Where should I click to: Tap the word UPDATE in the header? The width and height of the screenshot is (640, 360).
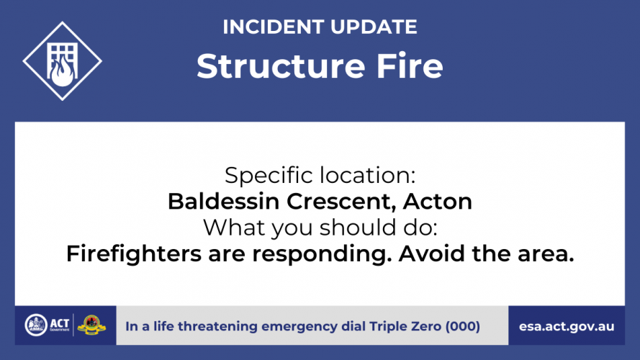(x=374, y=27)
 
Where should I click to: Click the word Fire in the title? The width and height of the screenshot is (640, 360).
(x=410, y=66)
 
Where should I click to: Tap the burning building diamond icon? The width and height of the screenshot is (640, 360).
(x=63, y=61)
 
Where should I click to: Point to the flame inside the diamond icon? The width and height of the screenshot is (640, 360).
(x=63, y=71)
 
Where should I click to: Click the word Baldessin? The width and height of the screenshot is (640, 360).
(x=223, y=201)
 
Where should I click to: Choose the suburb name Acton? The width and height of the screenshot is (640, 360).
(x=437, y=201)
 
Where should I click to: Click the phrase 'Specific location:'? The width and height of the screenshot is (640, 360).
(x=320, y=176)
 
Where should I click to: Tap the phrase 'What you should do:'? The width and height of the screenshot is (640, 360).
(x=320, y=228)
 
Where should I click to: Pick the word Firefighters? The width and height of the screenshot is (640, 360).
(x=134, y=254)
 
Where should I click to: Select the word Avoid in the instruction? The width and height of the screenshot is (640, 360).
(x=432, y=253)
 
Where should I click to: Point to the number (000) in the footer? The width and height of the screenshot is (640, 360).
(x=463, y=327)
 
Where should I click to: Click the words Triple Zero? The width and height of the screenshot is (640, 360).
(x=405, y=327)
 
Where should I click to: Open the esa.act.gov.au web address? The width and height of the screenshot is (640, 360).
(x=567, y=327)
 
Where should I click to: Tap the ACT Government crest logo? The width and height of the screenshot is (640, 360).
(x=36, y=325)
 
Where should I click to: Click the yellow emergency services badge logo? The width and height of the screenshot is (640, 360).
(x=91, y=325)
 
